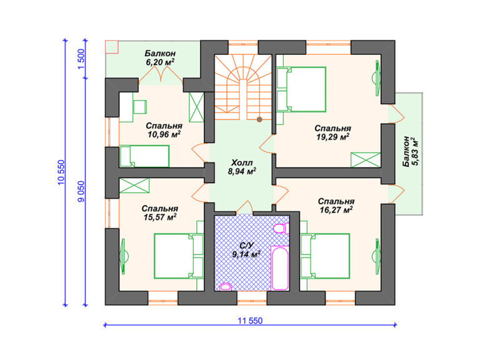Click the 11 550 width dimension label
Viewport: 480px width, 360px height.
pos(250,321)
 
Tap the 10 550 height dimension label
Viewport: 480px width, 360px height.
pos(61,172)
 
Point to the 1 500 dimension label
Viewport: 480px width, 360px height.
pos(81,59)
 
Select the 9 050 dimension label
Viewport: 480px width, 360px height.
pos(81,192)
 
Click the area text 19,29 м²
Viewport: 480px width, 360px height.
pos(333,137)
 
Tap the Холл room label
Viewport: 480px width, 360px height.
pos(242,162)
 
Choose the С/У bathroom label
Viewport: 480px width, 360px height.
pos(246,246)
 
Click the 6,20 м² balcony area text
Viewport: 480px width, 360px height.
pos(160,62)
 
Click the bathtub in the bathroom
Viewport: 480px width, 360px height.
pos(280,267)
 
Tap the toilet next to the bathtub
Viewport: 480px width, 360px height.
pos(281,229)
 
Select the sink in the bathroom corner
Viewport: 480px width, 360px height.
pos(226,286)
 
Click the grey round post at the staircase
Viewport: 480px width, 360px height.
pos(259,119)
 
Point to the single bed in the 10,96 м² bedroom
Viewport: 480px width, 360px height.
pos(144,156)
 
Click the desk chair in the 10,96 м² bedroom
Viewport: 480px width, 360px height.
pos(140,107)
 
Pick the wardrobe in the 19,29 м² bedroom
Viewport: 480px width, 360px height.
pos(366,160)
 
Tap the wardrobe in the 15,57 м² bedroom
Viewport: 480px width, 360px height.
pos(134,186)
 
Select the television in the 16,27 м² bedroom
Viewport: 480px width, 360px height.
pos(376,256)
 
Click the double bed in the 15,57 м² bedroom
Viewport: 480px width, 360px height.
pos(179,256)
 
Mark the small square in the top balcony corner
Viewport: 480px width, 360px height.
pos(112,47)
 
